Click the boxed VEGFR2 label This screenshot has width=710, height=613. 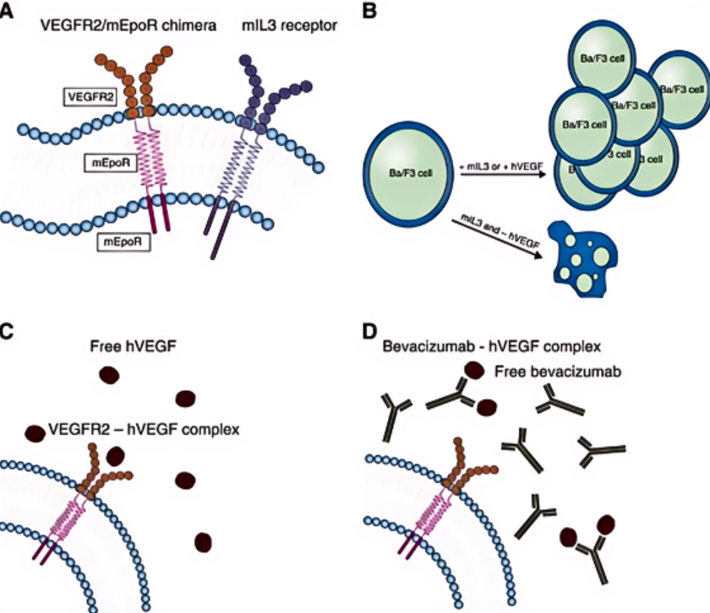pyautogui.click(x=94, y=97)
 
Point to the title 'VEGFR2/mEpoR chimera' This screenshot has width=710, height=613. pyautogui.click(x=128, y=26)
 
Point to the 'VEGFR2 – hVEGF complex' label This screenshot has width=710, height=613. pyautogui.click(x=144, y=429)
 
